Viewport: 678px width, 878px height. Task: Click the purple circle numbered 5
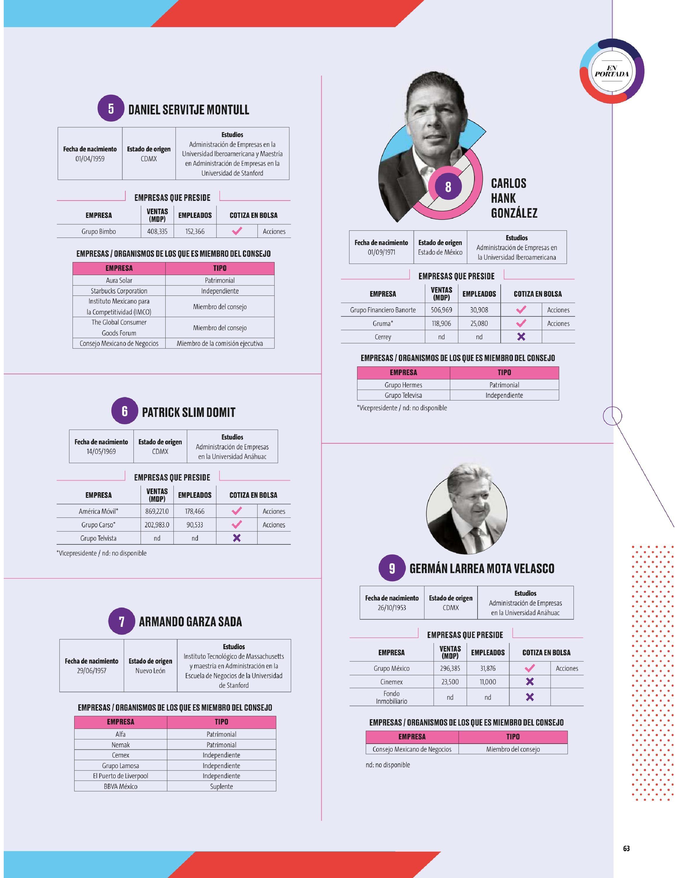pyautogui.click(x=111, y=109)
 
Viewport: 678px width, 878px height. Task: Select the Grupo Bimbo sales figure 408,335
pyautogui.click(x=157, y=231)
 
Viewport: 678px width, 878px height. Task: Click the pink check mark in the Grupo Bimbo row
pyautogui.click(x=237, y=231)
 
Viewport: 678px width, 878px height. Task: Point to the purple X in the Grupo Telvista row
pyautogui.click(x=237, y=538)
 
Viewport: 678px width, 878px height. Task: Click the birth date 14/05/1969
pyautogui.click(x=101, y=452)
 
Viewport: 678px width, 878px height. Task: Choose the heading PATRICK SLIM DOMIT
pyautogui.click(x=189, y=412)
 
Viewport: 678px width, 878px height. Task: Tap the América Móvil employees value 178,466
pyautogui.click(x=195, y=511)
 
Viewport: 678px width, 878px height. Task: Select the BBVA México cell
pyautogui.click(x=120, y=786)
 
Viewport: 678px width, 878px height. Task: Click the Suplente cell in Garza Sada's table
pyautogui.click(x=221, y=786)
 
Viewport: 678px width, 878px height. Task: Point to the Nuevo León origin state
pyautogui.click(x=150, y=670)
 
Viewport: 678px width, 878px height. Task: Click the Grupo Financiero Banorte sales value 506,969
pyautogui.click(x=441, y=310)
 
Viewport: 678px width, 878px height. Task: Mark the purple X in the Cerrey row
pyautogui.click(x=521, y=337)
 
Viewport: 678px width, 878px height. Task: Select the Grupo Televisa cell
pyautogui.click(x=403, y=395)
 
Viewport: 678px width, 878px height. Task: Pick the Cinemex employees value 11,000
pyautogui.click(x=488, y=682)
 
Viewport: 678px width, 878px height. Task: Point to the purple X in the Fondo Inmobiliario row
pyautogui.click(x=530, y=697)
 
